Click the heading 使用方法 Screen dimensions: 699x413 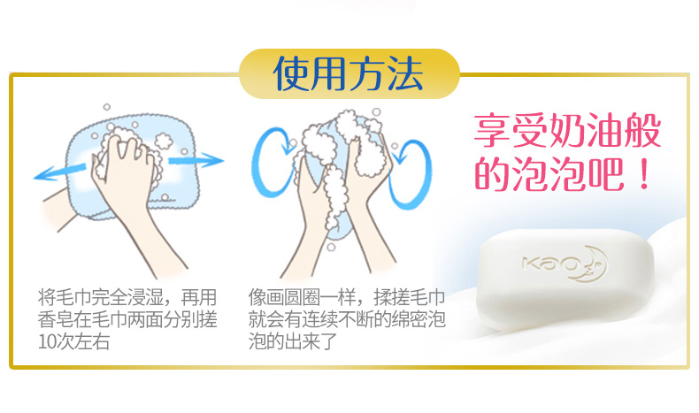tap(348, 73)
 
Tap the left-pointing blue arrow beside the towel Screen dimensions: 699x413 tap(59, 172)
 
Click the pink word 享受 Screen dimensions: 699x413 tap(511, 131)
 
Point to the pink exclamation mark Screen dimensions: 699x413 tap(644, 175)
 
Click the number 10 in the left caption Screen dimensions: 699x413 tap(47, 341)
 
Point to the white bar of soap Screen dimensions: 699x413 tap(564, 279)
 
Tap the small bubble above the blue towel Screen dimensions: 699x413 tap(106, 107)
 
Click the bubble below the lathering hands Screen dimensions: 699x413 tap(331, 247)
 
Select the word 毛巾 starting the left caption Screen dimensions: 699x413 tap(73, 297)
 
